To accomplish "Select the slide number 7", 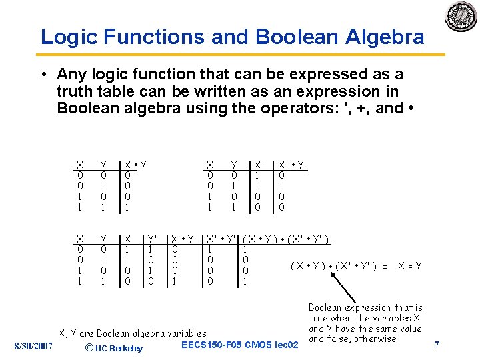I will pos(437,345).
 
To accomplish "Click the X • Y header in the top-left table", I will pos(135,165).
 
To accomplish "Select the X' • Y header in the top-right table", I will pos(291,165).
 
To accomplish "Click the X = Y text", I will pos(409,266).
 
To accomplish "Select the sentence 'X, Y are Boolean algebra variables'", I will pos(133,333).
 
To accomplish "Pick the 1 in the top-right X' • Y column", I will pos(281,186).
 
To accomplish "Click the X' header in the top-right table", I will pos(259,165).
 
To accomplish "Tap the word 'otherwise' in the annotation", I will pos(375,339).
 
